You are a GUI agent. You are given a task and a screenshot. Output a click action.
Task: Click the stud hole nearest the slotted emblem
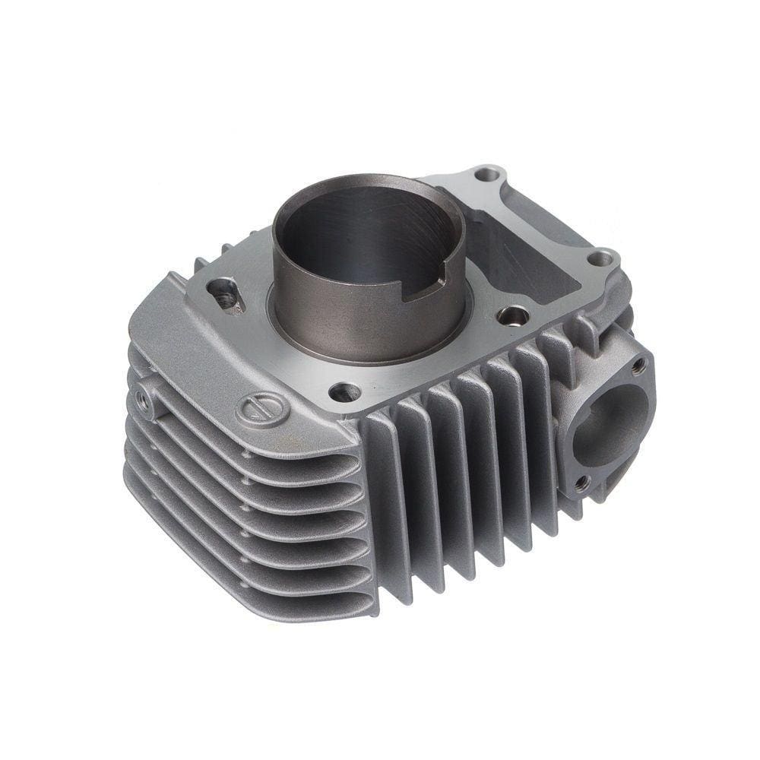(x=344, y=392)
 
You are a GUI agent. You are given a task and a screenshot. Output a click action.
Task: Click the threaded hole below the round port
(x=581, y=482)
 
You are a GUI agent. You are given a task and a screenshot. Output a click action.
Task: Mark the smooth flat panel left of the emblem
(x=182, y=357)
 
